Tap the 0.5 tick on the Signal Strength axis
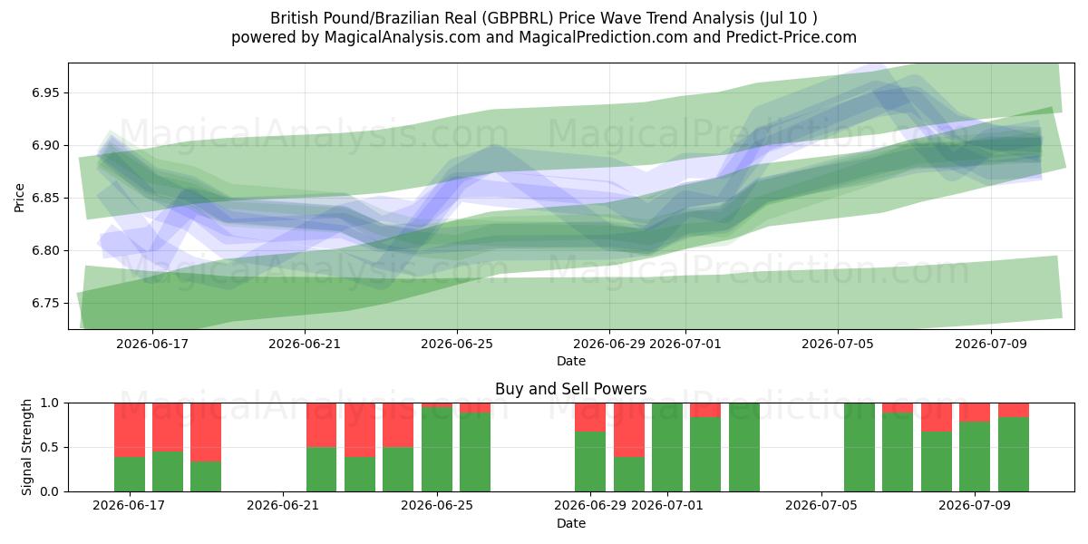[49, 447]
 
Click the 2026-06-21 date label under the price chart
[305, 344]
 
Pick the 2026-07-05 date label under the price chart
[838, 344]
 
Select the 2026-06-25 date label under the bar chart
[437, 505]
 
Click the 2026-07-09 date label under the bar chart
[975, 505]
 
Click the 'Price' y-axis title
[19, 199]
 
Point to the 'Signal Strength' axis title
[26, 447]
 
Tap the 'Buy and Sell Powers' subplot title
[570, 389]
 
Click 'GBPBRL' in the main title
[518, 18]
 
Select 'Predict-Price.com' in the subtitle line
[792, 37]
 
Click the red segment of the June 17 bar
[130, 430]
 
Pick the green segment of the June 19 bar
[206, 476]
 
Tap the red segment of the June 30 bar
[629, 430]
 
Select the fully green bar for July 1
[667, 447]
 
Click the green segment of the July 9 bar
[975, 457]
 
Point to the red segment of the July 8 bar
[937, 417]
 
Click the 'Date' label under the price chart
[570, 361]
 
